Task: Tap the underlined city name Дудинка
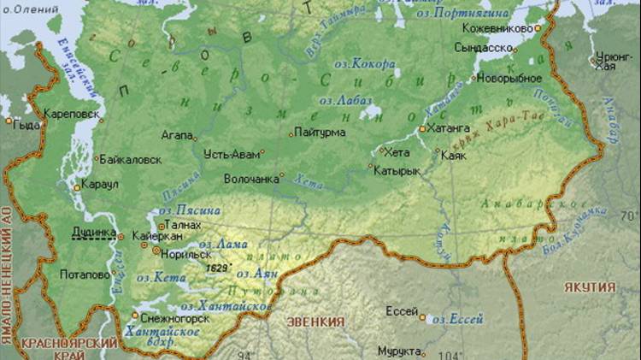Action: (93, 232)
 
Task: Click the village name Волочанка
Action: (251, 180)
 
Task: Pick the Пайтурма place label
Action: (320, 133)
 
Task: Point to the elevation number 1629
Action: (217, 268)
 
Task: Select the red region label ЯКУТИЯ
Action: (590, 286)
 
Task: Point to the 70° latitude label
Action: (629, 215)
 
